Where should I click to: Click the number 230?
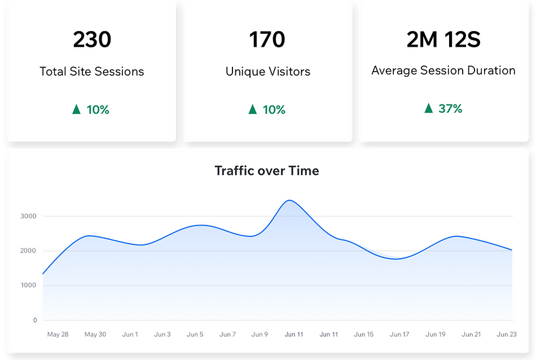click(x=92, y=39)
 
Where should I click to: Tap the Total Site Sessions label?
click(x=92, y=72)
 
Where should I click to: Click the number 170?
click(x=267, y=39)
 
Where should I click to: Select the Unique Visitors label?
click(x=267, y=72)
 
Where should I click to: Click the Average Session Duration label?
click(x=443, y=71)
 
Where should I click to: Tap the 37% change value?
click(x=450, y=108)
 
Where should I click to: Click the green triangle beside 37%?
click(x=429, y=108)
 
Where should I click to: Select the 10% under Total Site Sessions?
click(x=98, y=109)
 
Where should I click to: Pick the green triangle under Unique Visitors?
click(x=253, y=109)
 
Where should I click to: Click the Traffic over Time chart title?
click(x=267, y=170)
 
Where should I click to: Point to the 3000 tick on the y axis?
click(x=28, y=216)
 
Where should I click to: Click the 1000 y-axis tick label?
click(x=28, y=286)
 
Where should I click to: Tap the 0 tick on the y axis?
click(x=34, y=321)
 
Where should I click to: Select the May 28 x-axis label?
click(x=58, y=335)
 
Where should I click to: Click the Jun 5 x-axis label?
click(x=195, y=335)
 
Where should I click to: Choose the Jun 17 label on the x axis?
click(x=399, y=335)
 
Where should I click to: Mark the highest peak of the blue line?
click(x=289, y=200)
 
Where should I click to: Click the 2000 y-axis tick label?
click(x=28, y=251)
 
